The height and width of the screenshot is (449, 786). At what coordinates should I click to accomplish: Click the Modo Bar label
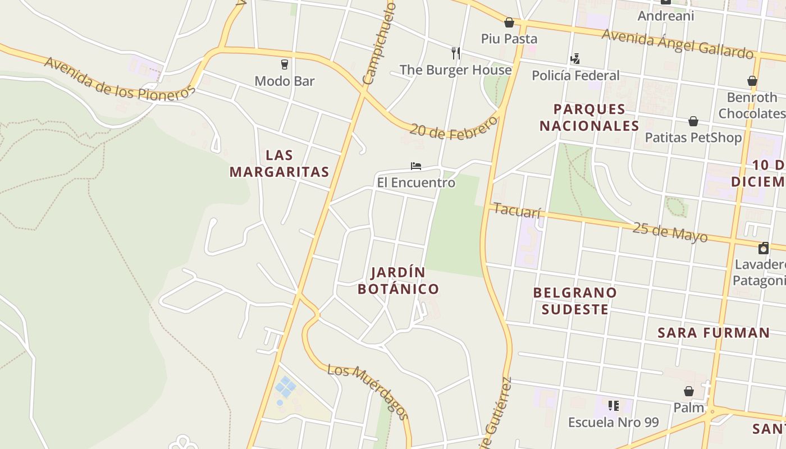point(284,81)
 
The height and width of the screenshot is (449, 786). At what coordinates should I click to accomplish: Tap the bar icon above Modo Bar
point(285,65)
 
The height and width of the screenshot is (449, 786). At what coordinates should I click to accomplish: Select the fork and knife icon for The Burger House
point(456,53)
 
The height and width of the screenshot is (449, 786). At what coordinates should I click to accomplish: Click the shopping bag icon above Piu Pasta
point(509,22)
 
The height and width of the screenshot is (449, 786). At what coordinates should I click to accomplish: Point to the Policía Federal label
point(575,75)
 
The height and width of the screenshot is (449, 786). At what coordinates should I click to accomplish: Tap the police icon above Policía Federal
point(575,58)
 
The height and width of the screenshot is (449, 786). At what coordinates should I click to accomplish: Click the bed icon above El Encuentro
point(415,166)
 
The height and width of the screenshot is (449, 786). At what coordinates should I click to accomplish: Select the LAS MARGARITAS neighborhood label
point(279,163)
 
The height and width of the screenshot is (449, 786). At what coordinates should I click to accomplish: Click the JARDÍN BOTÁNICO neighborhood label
point(398,281)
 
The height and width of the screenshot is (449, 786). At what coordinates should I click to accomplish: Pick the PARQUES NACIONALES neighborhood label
point(589,117)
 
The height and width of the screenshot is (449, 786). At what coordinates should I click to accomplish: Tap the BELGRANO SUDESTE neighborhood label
point(575,301)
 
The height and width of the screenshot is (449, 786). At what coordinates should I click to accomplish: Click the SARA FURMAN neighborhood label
point(714,333)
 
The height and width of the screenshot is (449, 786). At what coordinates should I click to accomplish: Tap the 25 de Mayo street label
point(670,232)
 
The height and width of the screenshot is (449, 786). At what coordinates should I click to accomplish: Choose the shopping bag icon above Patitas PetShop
point(693,121)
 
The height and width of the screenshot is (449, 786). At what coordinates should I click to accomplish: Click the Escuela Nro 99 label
point(613,422)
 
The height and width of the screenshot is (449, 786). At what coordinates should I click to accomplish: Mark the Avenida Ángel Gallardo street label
point(677,44)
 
